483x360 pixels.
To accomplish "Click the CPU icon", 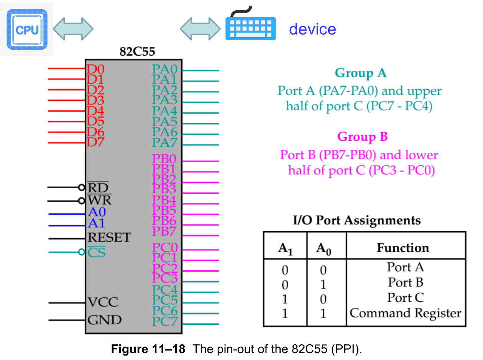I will tap(27, 30).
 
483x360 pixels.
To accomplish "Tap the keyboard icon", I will tap(250, 28).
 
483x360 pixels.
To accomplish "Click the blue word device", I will tap(312, 29).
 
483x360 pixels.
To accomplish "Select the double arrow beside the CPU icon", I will tap(73, 28).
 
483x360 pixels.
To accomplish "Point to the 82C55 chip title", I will tap(137, 51).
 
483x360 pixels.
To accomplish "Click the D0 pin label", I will tap(95, 70).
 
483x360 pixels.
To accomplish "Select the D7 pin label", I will tap(95, 142).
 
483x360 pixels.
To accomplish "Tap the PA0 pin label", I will tap(165, 70).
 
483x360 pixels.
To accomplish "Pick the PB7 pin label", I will tap(164, 231).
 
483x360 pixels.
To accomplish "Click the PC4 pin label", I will tap(165, 290).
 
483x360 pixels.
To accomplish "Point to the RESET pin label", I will tap(109, 238).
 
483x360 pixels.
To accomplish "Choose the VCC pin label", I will tap(103, 302).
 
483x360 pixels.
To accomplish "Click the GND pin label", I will tap(105, 320).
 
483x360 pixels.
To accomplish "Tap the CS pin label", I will tap(96, 253).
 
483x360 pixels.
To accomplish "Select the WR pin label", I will tap(100, 200).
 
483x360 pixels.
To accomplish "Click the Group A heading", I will tap(360, 73).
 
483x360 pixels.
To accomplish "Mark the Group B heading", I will tap(362, 136).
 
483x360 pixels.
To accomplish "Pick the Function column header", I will tap(403, 248).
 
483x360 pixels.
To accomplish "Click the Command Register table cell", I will tap(405, 313).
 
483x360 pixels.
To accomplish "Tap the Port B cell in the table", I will tap(405, 283).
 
